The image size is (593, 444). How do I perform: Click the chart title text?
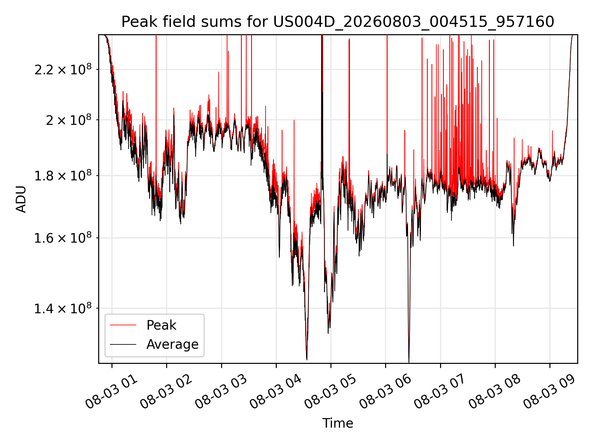(x=338, y=22)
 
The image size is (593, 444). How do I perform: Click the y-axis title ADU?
(x=21, y=199)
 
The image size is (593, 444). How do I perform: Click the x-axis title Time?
(x=338, y=423)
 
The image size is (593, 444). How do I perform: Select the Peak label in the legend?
(x=161, y=325)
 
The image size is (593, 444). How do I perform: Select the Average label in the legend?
(x=172, y=344)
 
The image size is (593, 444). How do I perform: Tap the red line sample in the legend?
(x=123, y=325)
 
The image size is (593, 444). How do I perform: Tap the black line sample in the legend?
(x=123, y=344)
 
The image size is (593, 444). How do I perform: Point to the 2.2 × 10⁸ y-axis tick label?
(x=63, y=69)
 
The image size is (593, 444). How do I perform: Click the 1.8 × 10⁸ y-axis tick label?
(x=63, y=176)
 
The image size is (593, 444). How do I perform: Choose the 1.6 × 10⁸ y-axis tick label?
(x=63, y=238)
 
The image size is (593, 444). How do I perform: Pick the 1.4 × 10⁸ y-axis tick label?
(x=63, y=308)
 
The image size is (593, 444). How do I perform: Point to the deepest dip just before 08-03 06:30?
(x=409, y=362)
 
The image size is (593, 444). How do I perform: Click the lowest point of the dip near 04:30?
(x=307, y=360)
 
